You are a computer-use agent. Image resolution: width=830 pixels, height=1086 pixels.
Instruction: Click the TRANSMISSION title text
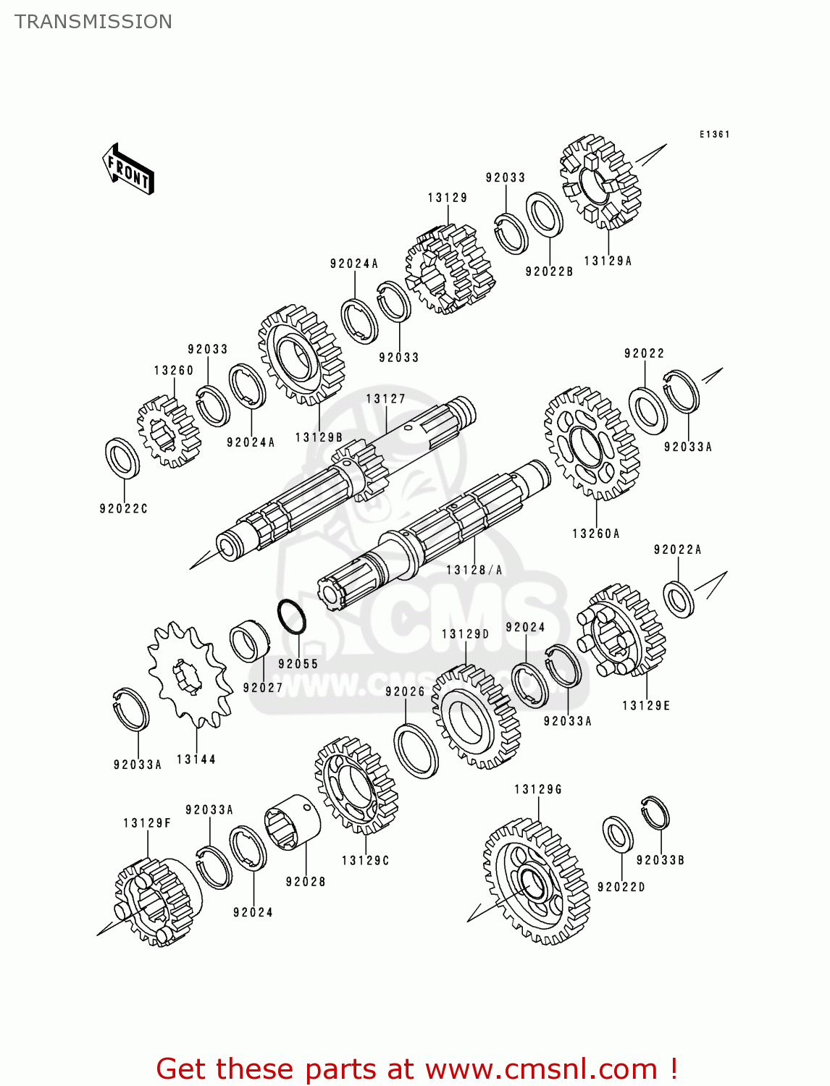(x=93, y=22)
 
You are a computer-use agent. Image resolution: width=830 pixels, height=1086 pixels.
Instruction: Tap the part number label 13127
(x=385, y=399)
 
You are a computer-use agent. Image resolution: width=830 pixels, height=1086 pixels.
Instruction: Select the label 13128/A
(x=474, y=571)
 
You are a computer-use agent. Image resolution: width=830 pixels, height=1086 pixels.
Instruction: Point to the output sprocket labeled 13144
(x=190, y=674)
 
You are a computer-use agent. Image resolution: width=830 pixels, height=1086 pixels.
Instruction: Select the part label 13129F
(x=147, y=823)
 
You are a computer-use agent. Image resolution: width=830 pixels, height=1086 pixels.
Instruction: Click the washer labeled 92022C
(x=122, y=458)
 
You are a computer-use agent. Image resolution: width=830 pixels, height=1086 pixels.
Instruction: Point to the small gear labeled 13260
(x=168, y=432)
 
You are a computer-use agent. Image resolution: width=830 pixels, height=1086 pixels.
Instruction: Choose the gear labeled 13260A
(x=591, y=444)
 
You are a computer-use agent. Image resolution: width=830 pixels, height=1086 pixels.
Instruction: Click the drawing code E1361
(x=714, y=135)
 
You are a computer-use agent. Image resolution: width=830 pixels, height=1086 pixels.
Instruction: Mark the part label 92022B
(x=549, y=271)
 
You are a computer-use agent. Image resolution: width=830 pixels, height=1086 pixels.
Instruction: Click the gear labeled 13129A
(x=600, y=181)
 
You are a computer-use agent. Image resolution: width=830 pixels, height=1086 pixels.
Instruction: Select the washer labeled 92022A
(x=679, y=599)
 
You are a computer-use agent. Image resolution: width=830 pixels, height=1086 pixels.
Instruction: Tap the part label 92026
(x=405, y=692)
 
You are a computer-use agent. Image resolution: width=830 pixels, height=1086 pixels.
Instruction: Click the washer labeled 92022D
(x=618, y=834)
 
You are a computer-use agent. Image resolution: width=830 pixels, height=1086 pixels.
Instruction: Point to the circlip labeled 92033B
(x=655, y=812)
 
